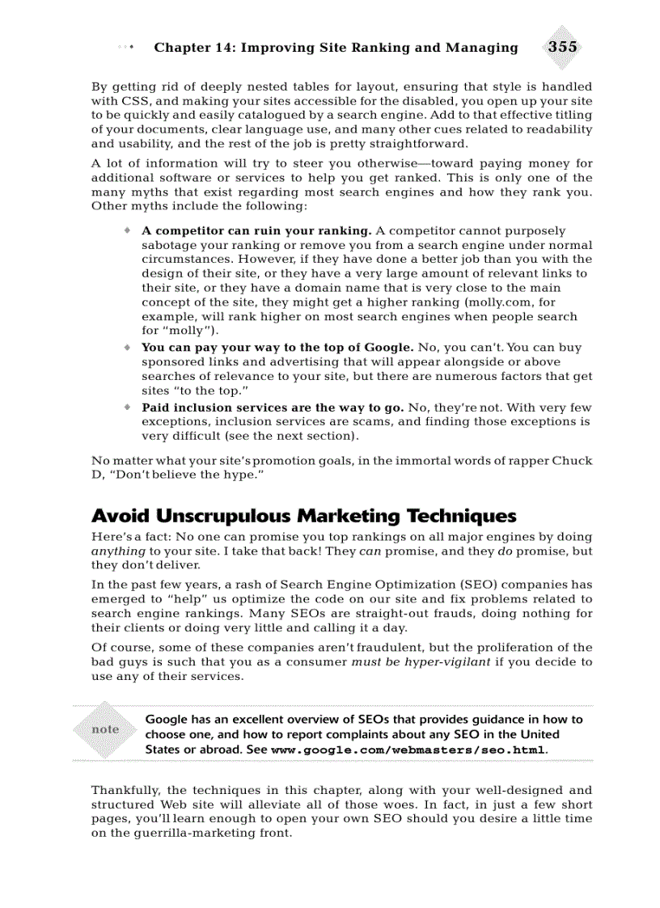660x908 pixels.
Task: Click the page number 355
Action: point(562,47)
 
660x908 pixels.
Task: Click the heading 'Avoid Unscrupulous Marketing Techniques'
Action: point(303,516)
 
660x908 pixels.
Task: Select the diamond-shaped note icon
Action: point(105,729)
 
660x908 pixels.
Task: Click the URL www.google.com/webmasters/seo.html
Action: point(408,750)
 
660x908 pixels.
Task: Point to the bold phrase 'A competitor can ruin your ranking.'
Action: point(257,230)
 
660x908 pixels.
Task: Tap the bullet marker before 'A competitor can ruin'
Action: point(127,230)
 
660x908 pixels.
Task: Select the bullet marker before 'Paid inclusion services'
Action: point(127,408)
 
